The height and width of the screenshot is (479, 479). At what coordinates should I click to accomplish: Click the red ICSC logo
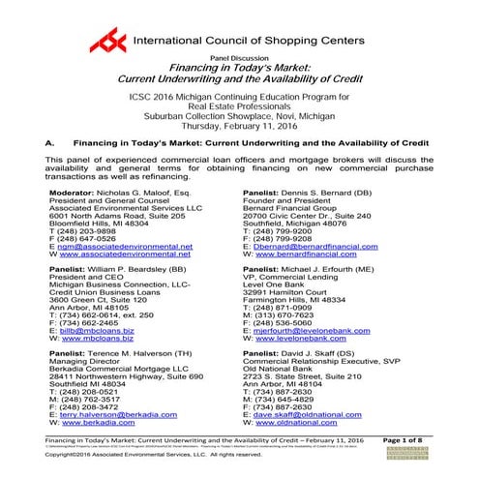click(107, 41)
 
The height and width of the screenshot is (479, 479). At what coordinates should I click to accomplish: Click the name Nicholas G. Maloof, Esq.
click(139, 193)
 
